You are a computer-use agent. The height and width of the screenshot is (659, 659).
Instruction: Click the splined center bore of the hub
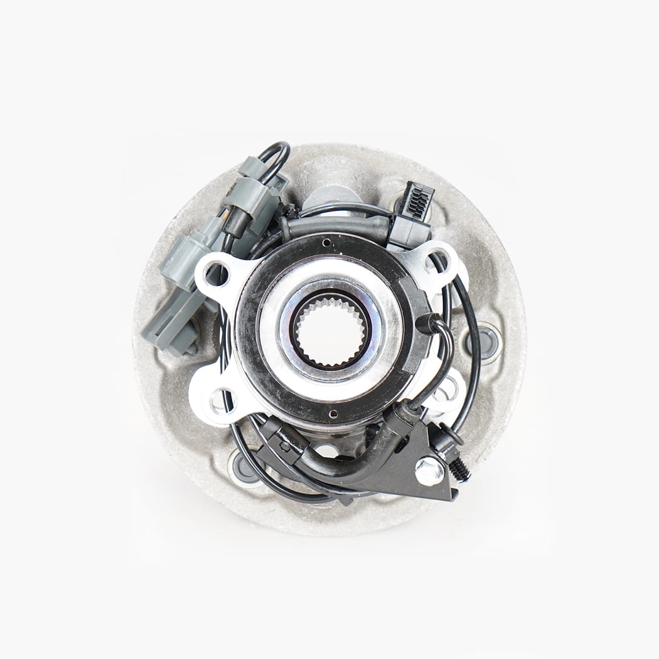(331, 331)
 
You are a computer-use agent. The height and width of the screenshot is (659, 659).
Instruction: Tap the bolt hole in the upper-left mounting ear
(217, 274)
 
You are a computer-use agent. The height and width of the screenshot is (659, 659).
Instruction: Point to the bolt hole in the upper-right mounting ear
(438, 259)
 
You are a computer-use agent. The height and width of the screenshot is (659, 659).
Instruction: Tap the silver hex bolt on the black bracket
(429, 470)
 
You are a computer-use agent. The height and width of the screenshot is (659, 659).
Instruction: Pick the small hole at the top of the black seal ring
(326, 242)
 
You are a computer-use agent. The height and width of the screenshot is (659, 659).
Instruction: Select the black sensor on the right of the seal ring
(427, 323)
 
